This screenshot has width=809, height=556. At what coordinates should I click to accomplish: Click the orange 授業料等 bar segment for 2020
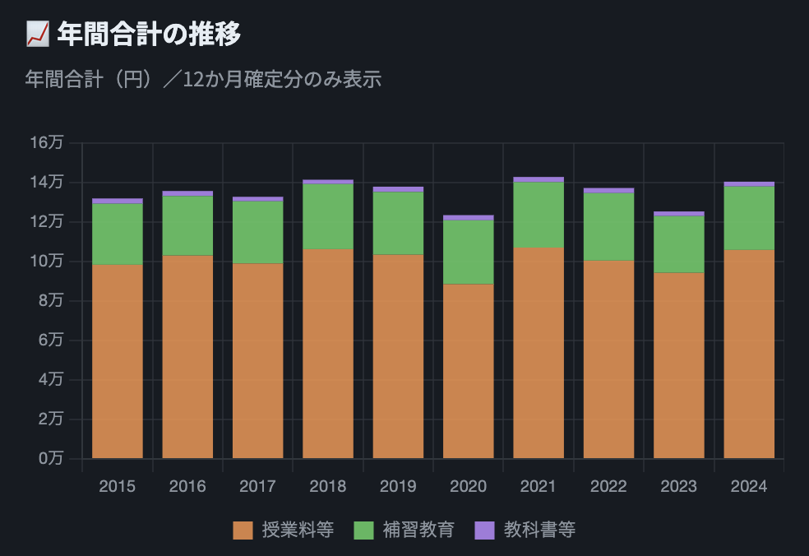pos(469,371)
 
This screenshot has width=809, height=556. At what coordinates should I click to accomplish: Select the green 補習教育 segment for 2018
pos(328,216)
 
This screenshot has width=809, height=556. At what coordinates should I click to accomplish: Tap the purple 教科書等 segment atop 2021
pos(539,179)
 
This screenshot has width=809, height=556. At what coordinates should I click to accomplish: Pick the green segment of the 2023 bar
pos(679,244)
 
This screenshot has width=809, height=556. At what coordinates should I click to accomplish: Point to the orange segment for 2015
pos(118,361)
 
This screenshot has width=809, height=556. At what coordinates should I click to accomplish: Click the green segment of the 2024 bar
pos(749,218)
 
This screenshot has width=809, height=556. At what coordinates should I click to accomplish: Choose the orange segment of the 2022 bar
pos(608,359)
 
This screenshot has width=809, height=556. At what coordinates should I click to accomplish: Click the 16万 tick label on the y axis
pos(46,143)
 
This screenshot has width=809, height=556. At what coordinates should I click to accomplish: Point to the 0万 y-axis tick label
pos(49,459)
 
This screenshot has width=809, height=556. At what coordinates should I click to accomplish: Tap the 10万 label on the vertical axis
pos(46,262)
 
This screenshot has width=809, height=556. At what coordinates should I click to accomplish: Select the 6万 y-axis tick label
pos(49,341)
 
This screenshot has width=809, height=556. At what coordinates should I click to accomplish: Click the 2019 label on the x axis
pos(398,486)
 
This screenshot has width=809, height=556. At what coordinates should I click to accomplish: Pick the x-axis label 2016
pos(187,486)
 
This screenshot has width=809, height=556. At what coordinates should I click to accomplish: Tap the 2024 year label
pos(749,486)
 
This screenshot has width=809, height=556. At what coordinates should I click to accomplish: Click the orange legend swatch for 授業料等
pos(243,531)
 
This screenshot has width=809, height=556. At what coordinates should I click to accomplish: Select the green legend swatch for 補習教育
pos(363,531)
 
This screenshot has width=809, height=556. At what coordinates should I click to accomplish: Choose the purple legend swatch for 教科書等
pos(485,531)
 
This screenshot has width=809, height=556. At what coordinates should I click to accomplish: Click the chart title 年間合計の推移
pos(149,35)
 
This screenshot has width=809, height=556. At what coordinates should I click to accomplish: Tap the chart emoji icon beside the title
pos(37,35)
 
